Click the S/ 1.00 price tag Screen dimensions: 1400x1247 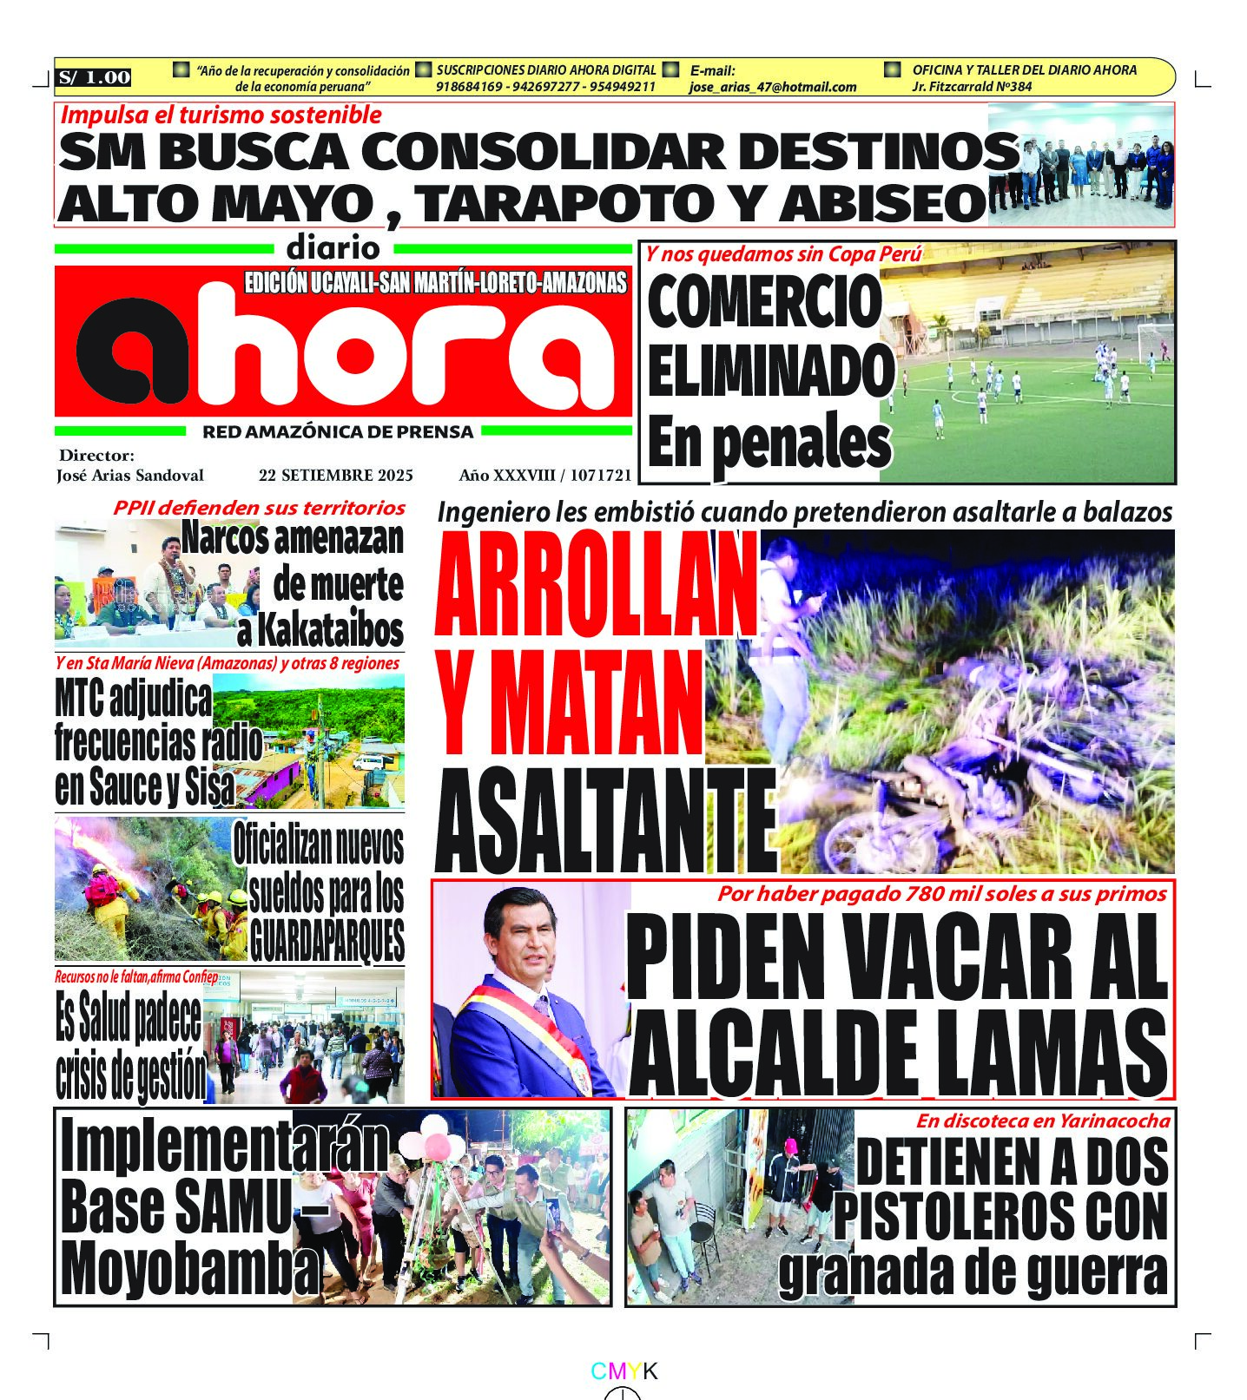coord(95,77)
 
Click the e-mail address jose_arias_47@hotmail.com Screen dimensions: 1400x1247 coord(772,87)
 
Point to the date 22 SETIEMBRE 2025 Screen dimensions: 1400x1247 coord(335,475)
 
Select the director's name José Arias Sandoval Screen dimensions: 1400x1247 coord(130,475)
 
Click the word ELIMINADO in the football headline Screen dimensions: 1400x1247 coord(769,371)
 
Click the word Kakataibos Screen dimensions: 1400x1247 coord(320,631)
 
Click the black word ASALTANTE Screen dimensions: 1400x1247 coord(605,820)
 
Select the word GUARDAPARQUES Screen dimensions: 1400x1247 coord(327,939)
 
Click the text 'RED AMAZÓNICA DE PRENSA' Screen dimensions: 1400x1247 coord(338,431)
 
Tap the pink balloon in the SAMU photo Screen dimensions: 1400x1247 coord(437,1147)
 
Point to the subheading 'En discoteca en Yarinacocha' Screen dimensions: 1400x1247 coord(1042,1121)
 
